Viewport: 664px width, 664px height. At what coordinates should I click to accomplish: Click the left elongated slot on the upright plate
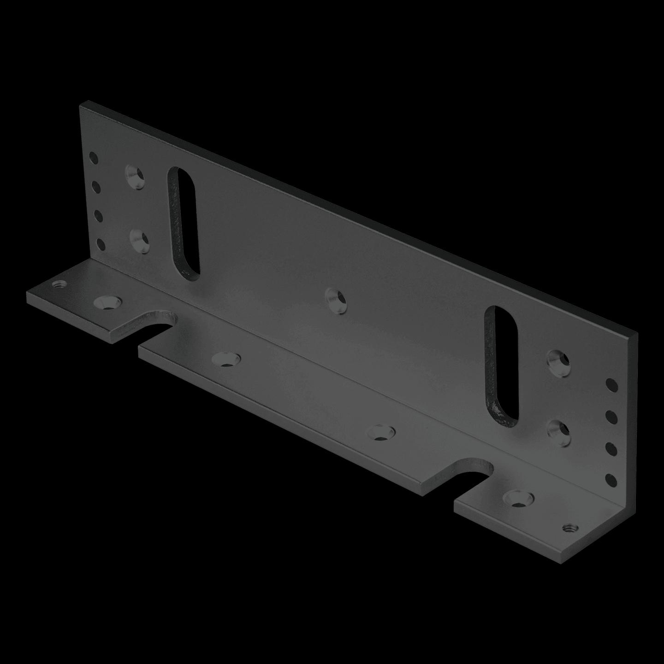[184, 223]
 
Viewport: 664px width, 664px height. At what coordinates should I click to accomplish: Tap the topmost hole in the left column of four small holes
[94, 159]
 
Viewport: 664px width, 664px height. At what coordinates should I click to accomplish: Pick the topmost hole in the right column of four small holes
[611, 385]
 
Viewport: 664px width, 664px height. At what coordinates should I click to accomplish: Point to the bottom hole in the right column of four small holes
[611, 480]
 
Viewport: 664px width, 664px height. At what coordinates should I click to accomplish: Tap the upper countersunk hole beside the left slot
[135, 176]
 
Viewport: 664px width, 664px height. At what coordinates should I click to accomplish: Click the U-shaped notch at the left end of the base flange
[157, 324]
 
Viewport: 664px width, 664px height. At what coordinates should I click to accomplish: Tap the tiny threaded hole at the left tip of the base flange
[59, 284]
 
